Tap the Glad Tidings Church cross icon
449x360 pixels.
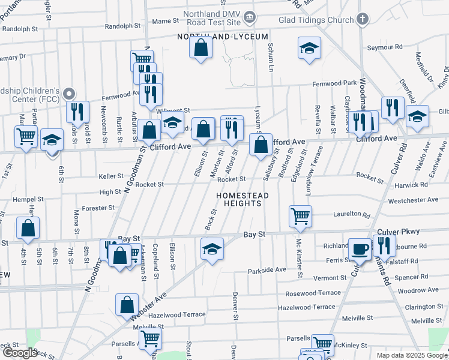(362, 19)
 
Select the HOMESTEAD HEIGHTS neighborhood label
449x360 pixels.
(241, 199)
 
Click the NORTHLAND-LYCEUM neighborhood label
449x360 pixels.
(222, 37)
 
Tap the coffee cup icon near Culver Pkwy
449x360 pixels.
(360, 249)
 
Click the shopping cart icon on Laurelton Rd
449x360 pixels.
(300, 216)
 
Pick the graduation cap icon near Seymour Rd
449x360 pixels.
(309, 49)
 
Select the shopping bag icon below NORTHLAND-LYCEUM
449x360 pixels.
(202, 48)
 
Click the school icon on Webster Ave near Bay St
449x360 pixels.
(211, 248)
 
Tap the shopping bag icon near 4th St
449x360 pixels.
(28, 228)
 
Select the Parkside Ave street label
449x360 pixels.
(267, 270)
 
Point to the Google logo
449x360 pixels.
(20, 353)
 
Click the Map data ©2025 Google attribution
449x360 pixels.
(412, 355)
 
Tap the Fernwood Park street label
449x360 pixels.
(334, 83)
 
